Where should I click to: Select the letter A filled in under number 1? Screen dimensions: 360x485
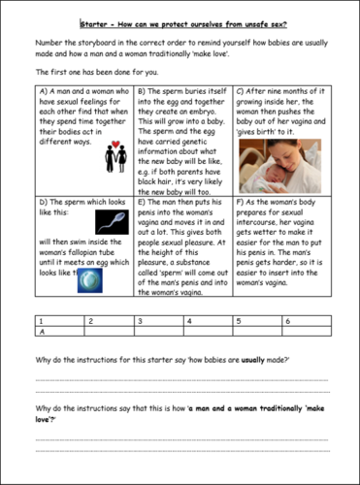[39, 331]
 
